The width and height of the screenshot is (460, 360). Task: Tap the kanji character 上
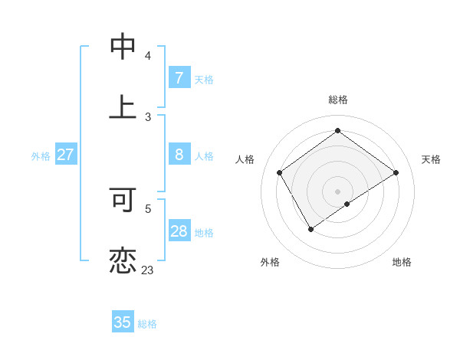pos(123,106)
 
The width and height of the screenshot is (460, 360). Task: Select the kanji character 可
pos(123,200)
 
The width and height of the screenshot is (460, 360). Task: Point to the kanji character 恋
pos(123,260)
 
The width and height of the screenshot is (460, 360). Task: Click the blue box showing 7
pos(179,77)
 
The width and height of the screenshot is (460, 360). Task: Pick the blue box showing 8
pos(179,155)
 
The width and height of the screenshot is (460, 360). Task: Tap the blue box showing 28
pos(179,231)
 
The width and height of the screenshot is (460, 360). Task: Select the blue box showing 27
pos(65,155)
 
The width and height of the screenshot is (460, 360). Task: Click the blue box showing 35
pos(123,322)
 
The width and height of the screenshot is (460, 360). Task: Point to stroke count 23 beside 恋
pos(147,270)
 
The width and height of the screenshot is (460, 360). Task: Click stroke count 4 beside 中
pos(148,56)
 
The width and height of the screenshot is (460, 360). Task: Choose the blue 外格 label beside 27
pos(41,155)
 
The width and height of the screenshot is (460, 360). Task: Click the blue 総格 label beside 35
pos(147,324)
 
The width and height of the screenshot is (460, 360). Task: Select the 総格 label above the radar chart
pos(337,100)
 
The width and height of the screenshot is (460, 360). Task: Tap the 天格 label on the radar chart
pos(431,159)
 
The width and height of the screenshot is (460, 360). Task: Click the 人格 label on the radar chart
pos(245,159)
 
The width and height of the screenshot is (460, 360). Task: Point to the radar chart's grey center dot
pos(337,191)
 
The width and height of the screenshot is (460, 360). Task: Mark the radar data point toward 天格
pos(396,172)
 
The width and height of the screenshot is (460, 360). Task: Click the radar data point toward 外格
pos(311,228)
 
